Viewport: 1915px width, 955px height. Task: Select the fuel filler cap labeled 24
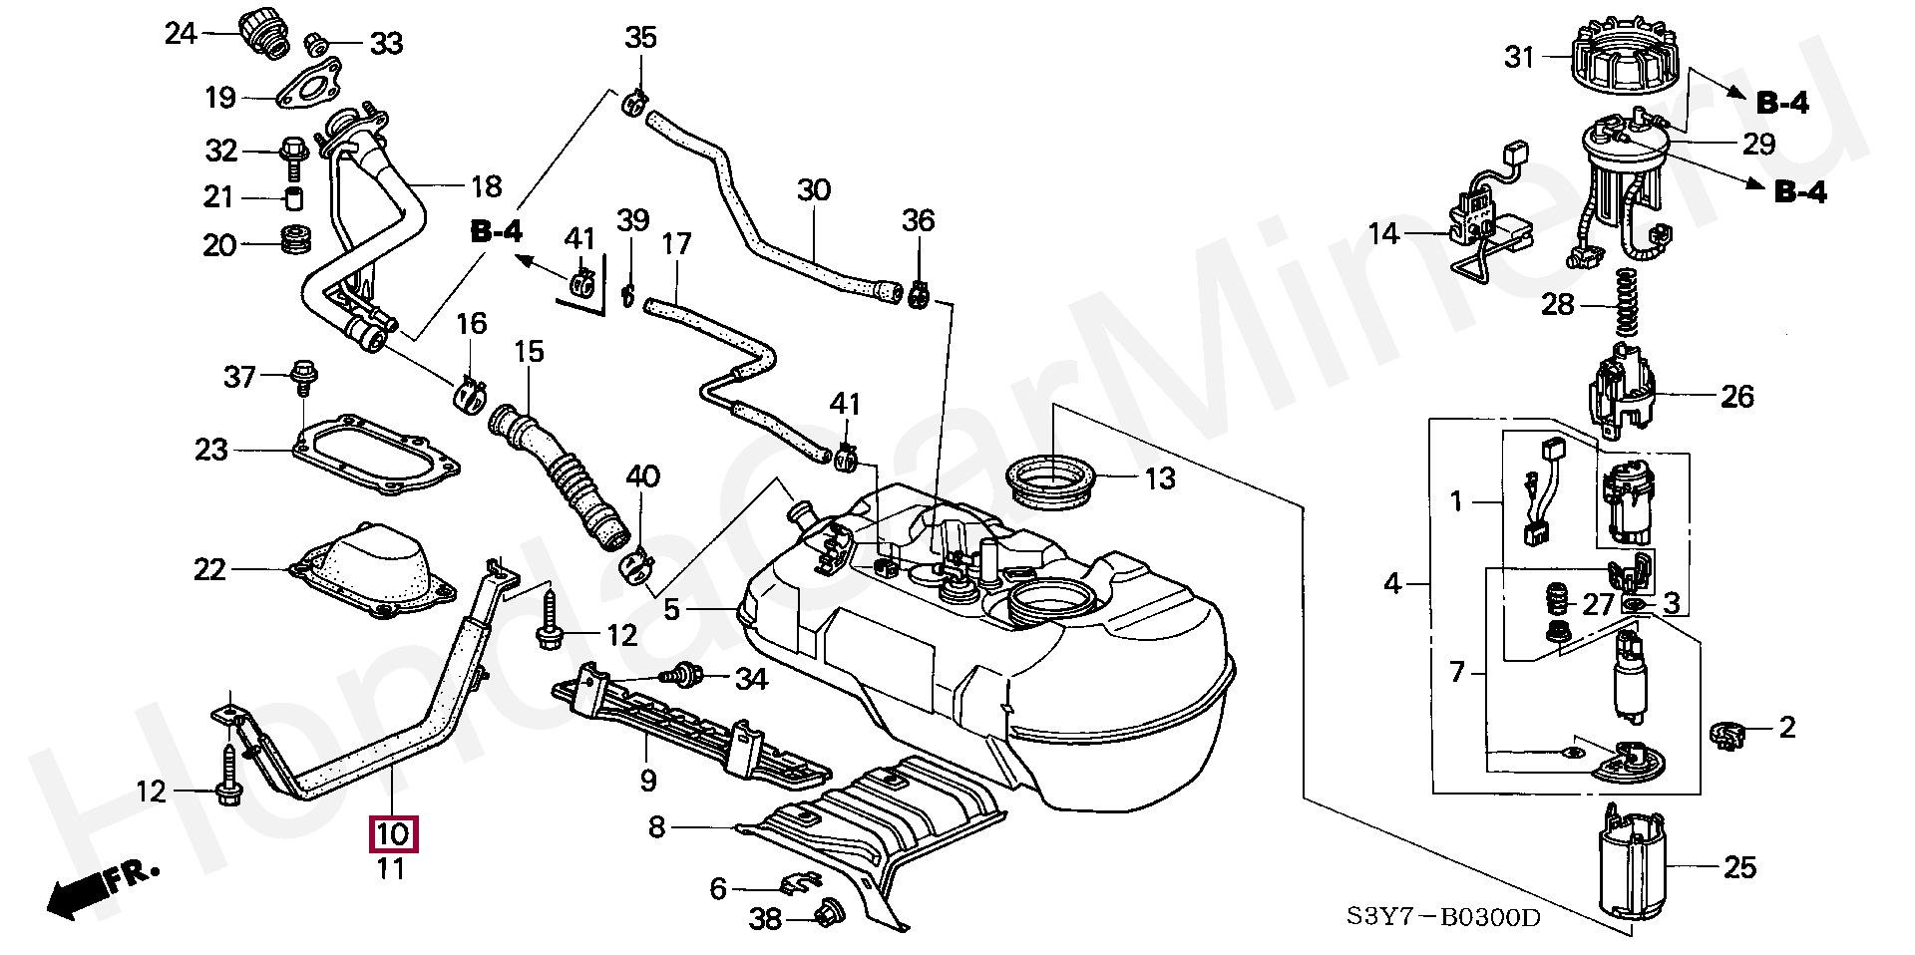click(x=264, y=33)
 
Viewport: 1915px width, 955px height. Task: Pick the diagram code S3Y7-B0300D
click(x=1442, y=916)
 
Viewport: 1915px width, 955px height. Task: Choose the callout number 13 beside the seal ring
click(x=1159, y=478)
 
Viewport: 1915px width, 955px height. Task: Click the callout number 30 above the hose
click(x=814, y=189)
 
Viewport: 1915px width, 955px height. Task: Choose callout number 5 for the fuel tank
click(x=671, y=608)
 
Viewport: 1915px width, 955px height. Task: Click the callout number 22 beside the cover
click(x=210, y=569)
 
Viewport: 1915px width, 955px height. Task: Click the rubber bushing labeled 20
click(x=292, y=240)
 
